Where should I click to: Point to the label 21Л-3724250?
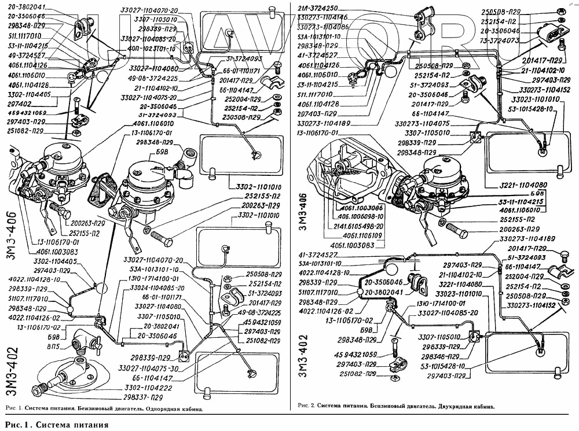tap(317, 9)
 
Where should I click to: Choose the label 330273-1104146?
tap(323, 17)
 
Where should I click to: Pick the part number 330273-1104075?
tap(422, 123)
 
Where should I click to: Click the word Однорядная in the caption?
tap(152, 409)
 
